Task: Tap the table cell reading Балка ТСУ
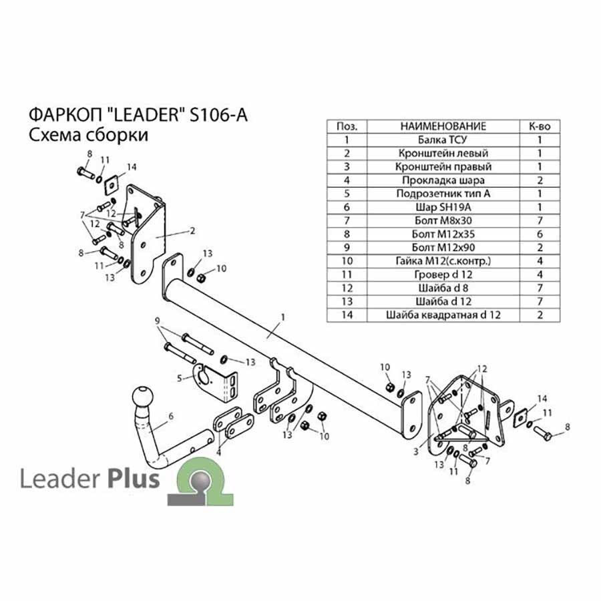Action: [443, 140]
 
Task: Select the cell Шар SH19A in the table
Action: [443, 208]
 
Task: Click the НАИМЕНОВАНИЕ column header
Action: [443, 126]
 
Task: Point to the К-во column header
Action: [540, 126]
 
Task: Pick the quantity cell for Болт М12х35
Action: [540, 234]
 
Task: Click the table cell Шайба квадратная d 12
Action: [443, 315]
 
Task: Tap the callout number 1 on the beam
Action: [283, 317]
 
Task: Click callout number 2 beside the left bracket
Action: [192, 230]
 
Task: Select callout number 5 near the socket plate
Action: [180, 379]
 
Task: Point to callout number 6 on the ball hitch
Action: [171, 416]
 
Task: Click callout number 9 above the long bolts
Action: [157, 321]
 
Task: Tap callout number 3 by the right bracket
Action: [416, 452]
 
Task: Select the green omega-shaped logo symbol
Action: [200, 481]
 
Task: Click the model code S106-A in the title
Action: [219, 115]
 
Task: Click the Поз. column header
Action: [347, 126]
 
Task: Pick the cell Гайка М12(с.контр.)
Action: [443, 261]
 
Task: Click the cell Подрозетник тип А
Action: [443, 194]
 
